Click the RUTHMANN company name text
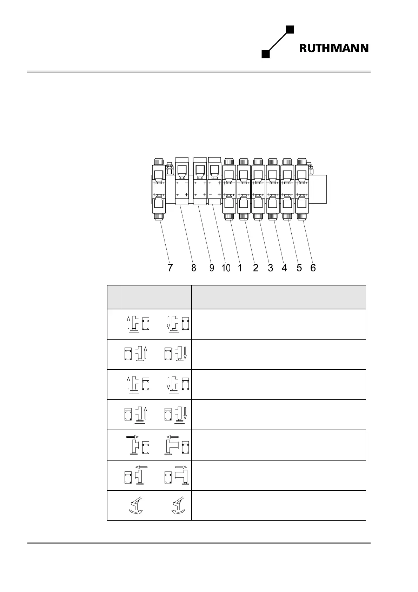point(334,48)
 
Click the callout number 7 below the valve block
point(170,268)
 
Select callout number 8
point(194,268)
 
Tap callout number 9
point(212,268)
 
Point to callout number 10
point(226,268)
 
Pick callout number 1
point(240,268)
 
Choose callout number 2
point(256,268)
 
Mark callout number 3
point(270,268)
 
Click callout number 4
point(284,268)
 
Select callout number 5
point(299,268)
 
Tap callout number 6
point(313,268)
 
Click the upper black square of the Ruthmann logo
point(290,29)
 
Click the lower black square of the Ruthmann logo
point(266,54)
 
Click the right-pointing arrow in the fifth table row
point(132,437)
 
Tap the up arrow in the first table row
point(128,323)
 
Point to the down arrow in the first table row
point(168,323)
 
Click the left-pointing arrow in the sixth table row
point(141,467)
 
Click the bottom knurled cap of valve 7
point(159,217)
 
